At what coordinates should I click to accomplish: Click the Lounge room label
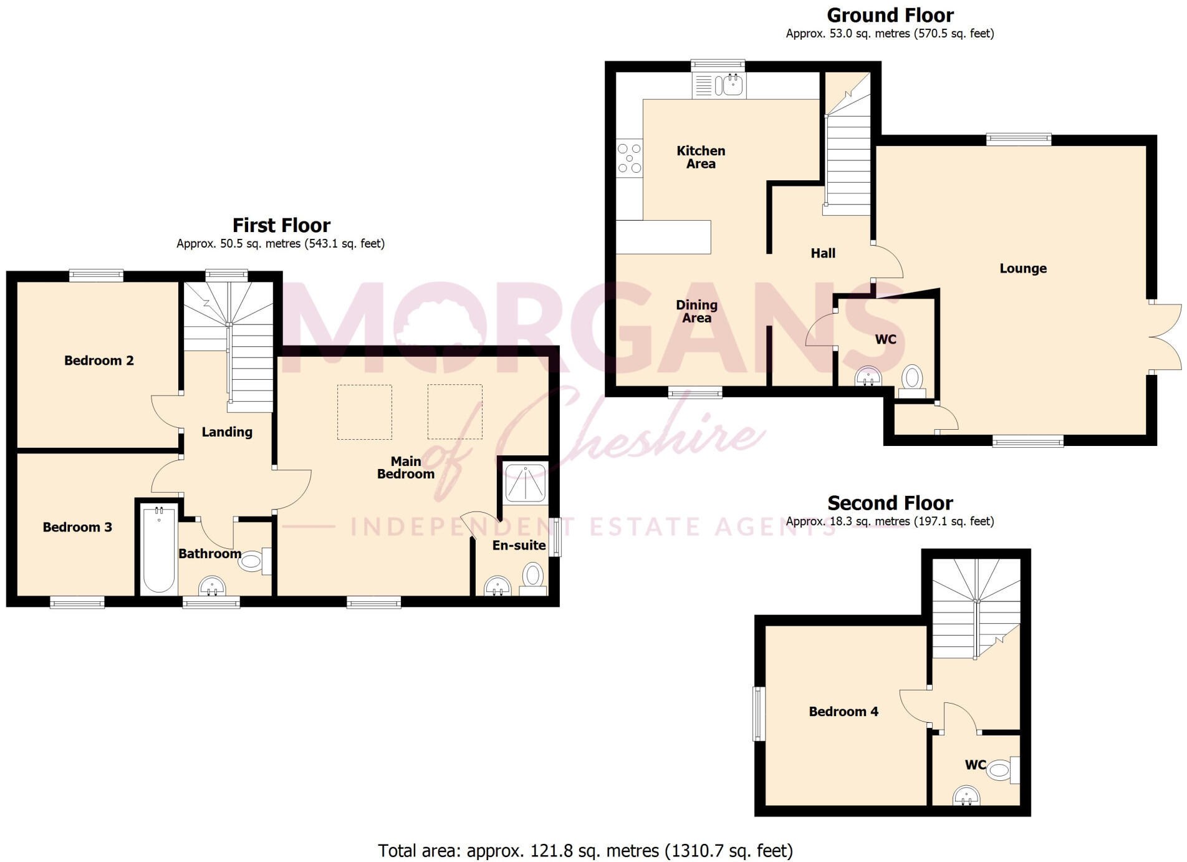[1023, 269]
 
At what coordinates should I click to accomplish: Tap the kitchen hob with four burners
[629, 158]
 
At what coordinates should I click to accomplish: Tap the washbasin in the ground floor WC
[868, 377]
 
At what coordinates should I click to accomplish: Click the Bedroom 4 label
[843, 712]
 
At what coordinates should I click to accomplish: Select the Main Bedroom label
[406, 468]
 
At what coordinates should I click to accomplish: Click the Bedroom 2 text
[99, 361]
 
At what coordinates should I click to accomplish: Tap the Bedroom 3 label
[77, 527]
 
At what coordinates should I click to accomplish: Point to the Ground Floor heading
[890, 15]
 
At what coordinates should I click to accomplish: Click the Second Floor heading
[890, 503]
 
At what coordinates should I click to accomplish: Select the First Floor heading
[281, 225]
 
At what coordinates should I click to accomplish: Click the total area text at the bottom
[585, 850]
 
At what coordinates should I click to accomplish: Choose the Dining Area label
[696, 311]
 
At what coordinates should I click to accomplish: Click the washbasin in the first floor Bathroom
[212, 586]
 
